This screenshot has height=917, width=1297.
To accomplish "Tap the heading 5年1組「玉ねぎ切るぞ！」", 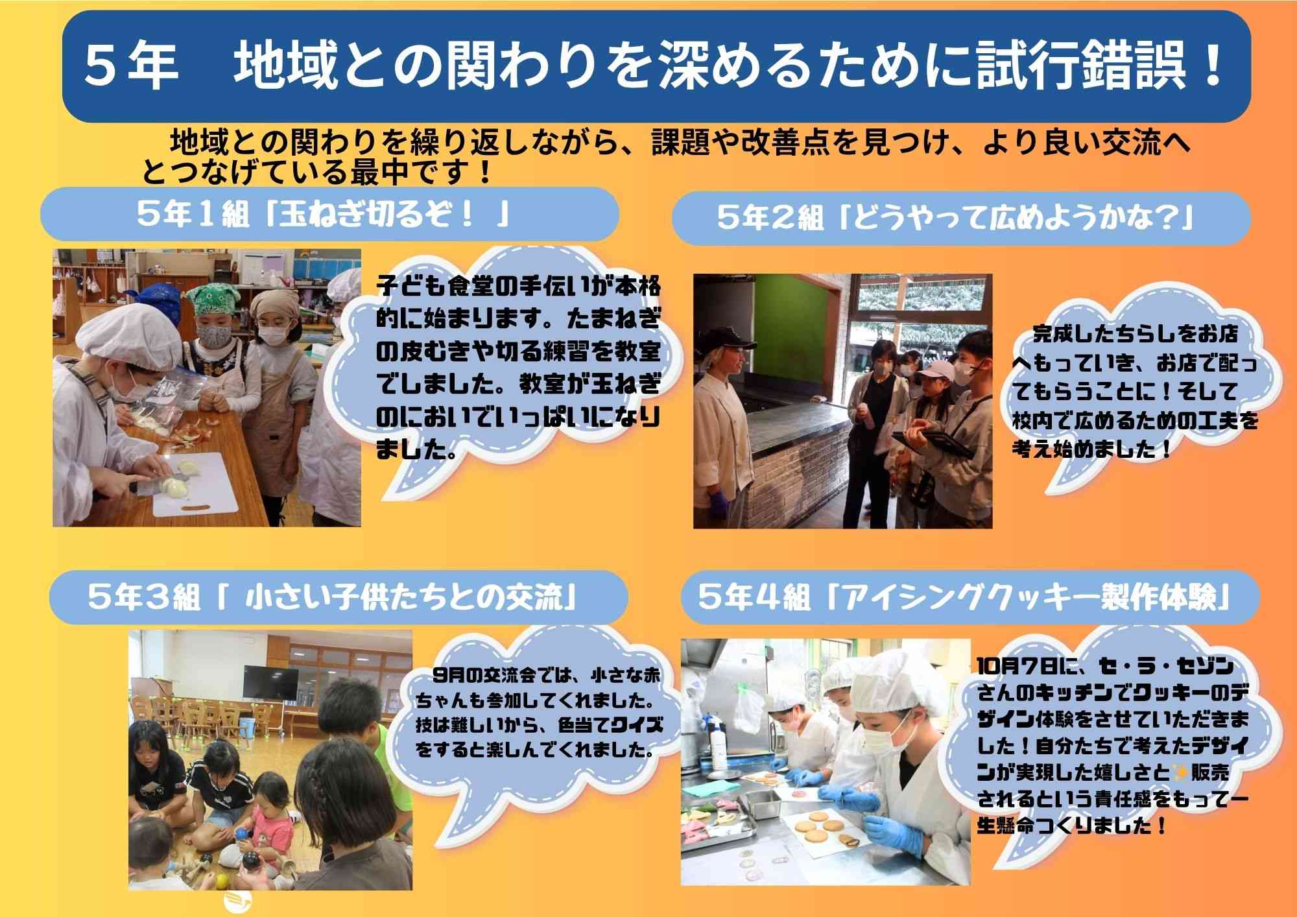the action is [322, 215].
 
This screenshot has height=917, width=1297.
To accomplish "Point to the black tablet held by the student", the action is [927, 444].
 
